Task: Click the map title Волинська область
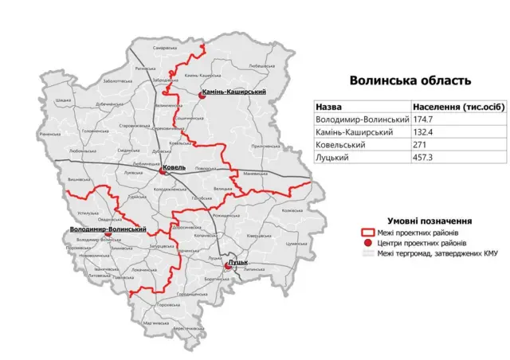(410, 80)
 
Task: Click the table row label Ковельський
(340, 146)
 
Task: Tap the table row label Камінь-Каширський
(355, 132)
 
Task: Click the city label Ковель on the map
(173, 168)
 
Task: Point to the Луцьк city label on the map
(238, 262)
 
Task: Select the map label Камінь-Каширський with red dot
(234, 93)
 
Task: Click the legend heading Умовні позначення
(430, 220)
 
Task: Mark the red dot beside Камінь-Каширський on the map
(202, 94)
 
